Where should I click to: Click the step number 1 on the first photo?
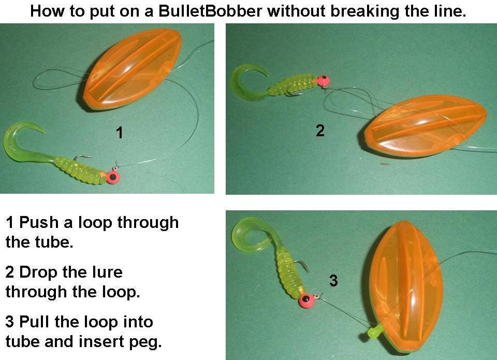click(120, 133)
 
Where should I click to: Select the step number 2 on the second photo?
click(320, 131)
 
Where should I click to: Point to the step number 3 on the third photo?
click(333, 281)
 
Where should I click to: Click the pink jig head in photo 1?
click(113, 177)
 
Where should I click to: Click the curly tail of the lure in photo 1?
click(21, 140)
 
